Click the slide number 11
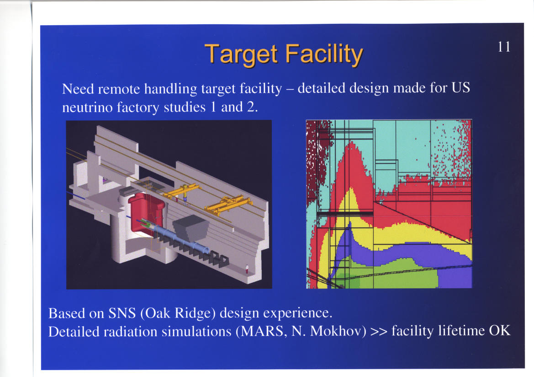point(504,47)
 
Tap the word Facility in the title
point(324,54)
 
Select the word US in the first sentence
point(461,88)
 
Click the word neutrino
point(87,108)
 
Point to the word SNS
point(122,313)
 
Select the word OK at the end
point(500,330)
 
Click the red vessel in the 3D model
point(146,211)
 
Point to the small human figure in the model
point(247,269)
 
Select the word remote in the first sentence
point(119,89)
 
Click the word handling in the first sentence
point(170,89)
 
